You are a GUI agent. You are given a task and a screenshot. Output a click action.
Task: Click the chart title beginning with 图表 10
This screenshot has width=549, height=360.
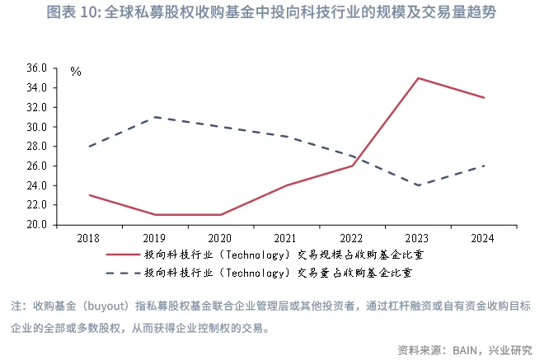coord(274,14)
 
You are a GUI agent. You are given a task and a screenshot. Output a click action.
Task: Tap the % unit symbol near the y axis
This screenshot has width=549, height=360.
coord(76,72)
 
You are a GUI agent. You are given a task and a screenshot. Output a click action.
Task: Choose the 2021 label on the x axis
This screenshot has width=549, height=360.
coord(286,239)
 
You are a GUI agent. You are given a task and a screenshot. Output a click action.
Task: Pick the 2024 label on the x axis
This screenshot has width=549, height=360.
coord(483,239)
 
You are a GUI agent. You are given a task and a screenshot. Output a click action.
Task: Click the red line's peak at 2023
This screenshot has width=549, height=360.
coord(418,78)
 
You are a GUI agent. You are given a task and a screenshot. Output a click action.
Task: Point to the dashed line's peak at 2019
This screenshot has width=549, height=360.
coord(155,117)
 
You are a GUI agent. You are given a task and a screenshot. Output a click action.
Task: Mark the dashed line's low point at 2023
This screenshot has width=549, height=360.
coord(418,185)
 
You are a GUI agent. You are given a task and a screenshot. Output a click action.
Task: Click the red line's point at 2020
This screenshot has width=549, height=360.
coord(221,215)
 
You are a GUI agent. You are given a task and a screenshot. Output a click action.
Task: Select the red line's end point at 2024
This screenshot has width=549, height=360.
coord(483,98)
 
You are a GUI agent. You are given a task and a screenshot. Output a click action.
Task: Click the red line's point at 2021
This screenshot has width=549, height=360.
coord(286,185)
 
